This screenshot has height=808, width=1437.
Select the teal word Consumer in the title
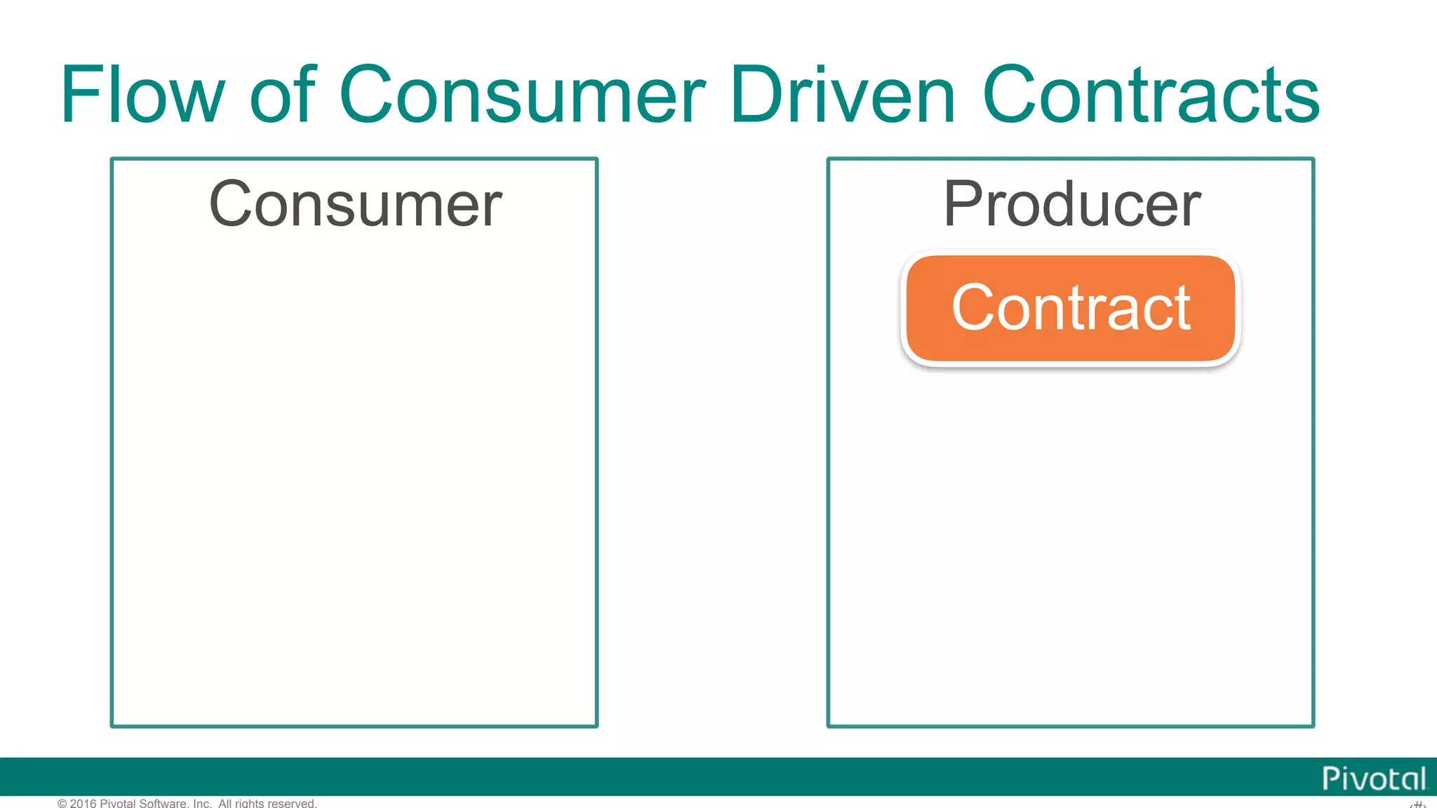point(522,95)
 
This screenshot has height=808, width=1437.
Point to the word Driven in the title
point(842,95)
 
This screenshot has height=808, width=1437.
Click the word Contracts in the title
point(1151,95)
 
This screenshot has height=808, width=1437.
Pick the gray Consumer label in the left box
point(355,204)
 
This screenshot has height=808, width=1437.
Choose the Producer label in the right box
point(1071,204)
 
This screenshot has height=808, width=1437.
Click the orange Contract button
point(1071,309)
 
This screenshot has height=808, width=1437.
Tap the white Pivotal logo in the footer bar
point(1373,779)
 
